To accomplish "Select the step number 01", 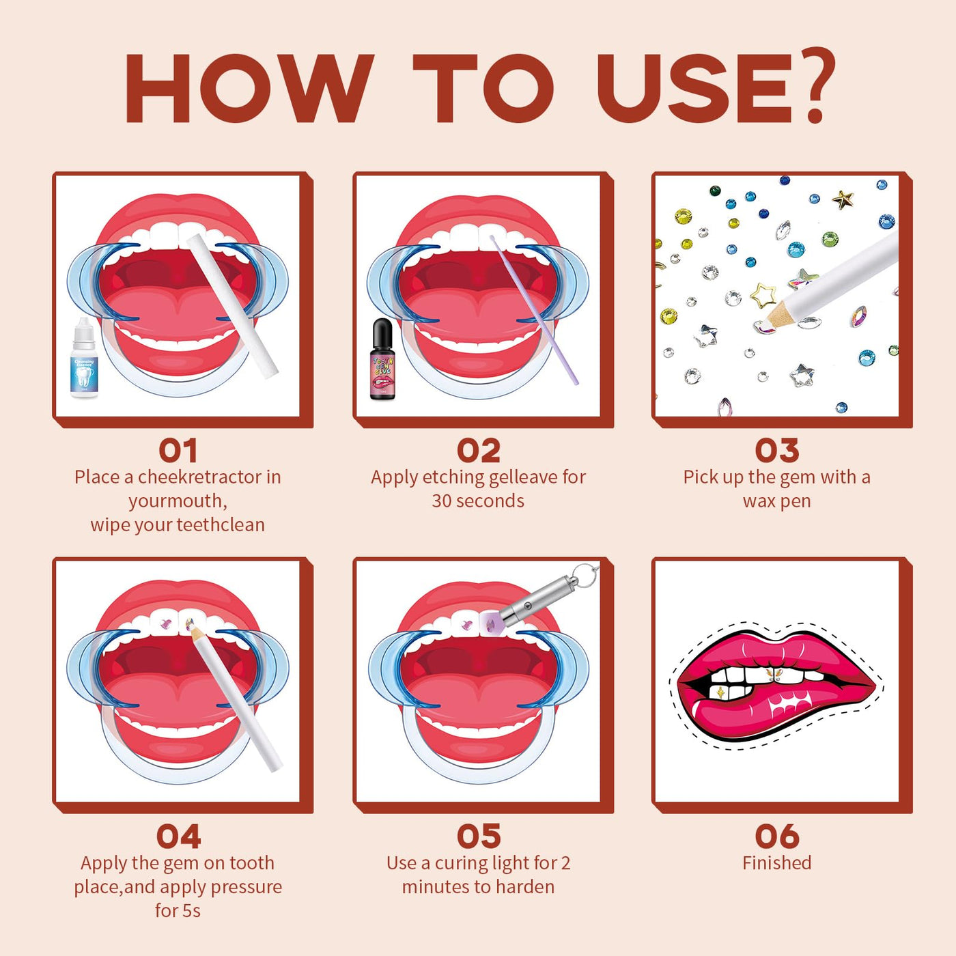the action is (x=178, y=451).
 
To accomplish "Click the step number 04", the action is (x=178, y=836).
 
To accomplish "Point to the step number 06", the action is (x=777, y=836).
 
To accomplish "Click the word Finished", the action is (x=777, y=862).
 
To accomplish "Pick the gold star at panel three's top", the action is (x=843, y=199).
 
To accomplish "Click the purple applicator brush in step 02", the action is (x=534, y=310).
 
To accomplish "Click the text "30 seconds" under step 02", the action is (x=478, y=501).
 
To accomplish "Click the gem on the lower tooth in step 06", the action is (x=721, y=692).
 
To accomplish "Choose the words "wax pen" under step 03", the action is (x=777, y=501).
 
